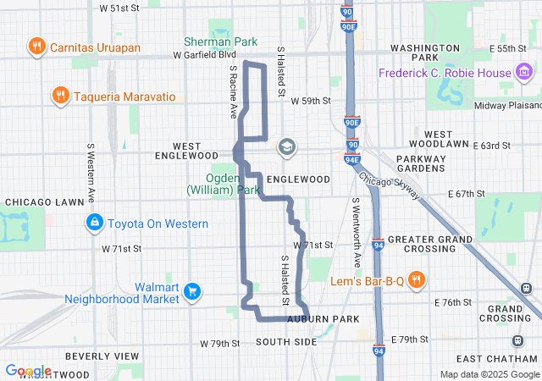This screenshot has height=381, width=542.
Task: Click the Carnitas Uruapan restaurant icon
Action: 36,47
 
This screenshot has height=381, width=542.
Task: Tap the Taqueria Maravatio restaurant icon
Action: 59,95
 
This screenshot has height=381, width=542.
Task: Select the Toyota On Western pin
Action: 94,224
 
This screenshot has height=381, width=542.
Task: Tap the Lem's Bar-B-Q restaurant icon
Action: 417,279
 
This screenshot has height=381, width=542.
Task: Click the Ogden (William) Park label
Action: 224,185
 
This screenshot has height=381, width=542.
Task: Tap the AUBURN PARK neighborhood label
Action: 323,318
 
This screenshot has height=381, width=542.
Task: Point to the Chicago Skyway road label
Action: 389,191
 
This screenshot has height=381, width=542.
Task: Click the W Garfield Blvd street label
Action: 204,54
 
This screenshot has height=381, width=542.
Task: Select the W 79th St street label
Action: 220,344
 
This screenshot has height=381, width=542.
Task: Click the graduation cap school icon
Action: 286,147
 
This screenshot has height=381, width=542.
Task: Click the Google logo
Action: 28,371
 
